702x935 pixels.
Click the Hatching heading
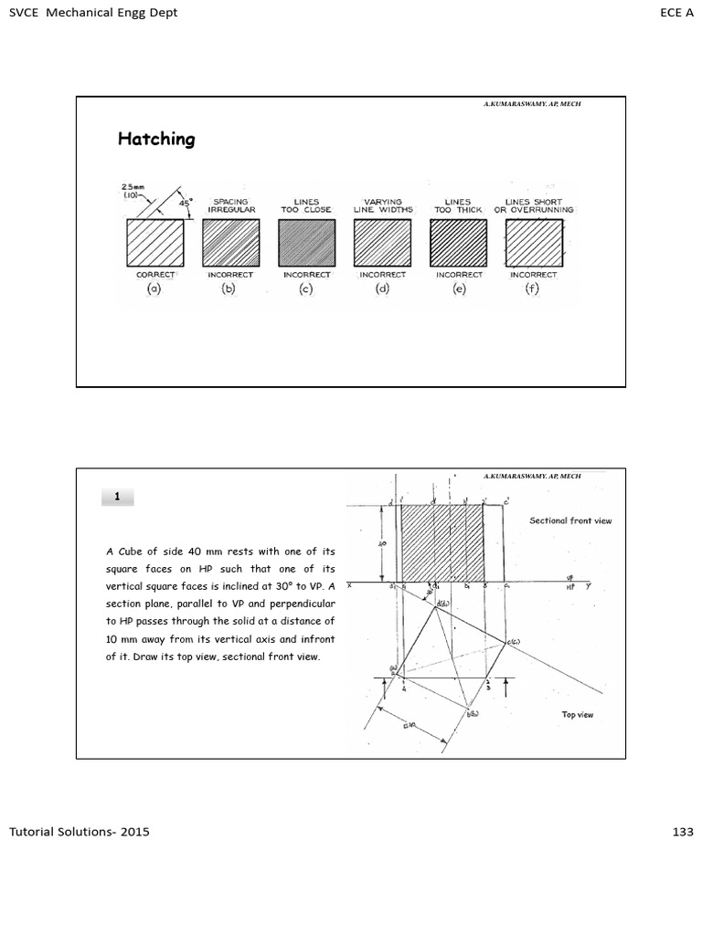156,139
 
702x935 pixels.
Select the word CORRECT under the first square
154,274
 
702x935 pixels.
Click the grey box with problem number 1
117,497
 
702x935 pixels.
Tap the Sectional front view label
570,520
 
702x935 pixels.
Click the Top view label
578,714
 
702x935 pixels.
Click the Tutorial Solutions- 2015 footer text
80,832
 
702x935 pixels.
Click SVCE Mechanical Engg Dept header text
93,13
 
